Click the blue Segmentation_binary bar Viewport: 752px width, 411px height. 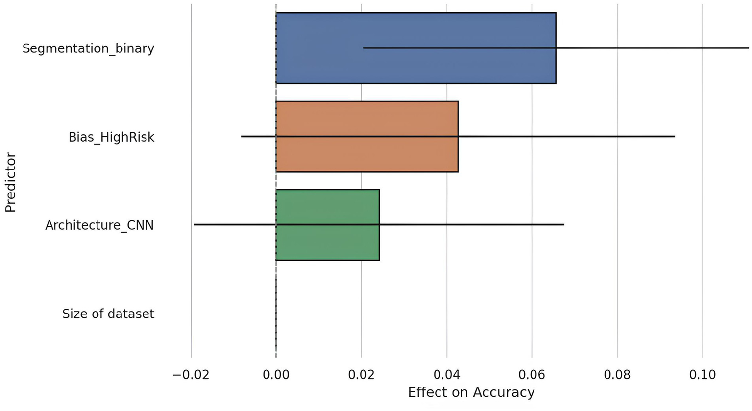point(415,29)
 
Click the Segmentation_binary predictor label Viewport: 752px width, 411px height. point(88,48)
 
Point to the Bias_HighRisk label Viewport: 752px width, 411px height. point(111,137)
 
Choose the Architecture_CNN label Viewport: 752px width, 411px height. point(99,225)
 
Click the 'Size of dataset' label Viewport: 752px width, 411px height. point(108,314)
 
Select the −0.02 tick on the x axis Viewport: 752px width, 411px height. point(191,375)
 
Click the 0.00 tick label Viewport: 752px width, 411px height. point(276,375)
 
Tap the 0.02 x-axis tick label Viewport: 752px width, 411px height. point(361,375)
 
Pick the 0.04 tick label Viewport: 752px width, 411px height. point(446,375)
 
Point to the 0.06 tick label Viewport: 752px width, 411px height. point(532,375)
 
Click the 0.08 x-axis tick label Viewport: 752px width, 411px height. point(617,375)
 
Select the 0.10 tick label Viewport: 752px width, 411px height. point(702,375)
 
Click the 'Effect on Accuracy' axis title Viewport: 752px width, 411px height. point(471,392)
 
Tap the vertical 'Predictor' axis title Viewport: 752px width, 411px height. point(10,183)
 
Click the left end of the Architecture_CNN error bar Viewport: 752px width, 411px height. point(194,224)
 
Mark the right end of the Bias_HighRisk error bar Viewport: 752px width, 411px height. point(675,136)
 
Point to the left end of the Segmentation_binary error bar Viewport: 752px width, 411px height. point(364,48)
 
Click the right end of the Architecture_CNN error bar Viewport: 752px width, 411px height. point(564,224)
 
